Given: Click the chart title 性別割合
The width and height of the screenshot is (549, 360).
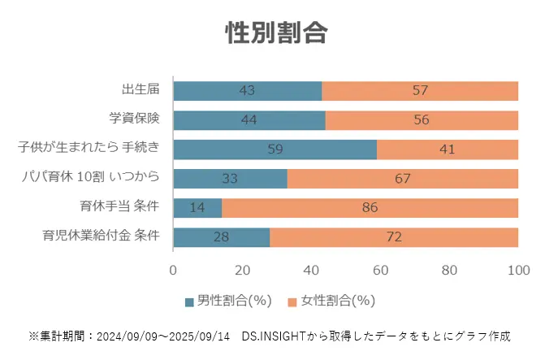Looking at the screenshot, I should (x=275, y=33).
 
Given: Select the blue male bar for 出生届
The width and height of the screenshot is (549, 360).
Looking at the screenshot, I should (x=247, y=90).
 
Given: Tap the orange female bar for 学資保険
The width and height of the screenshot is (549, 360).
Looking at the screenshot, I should (x=421, y=120).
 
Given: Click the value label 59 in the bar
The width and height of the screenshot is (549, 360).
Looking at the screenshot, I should (x=274, y=150).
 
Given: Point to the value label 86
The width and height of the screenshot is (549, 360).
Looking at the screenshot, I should (x=370, y=208).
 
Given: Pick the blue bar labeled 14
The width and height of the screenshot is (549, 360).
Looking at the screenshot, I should (x=197, y=208).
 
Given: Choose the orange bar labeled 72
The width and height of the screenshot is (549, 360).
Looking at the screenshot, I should (x=393, y=237).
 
